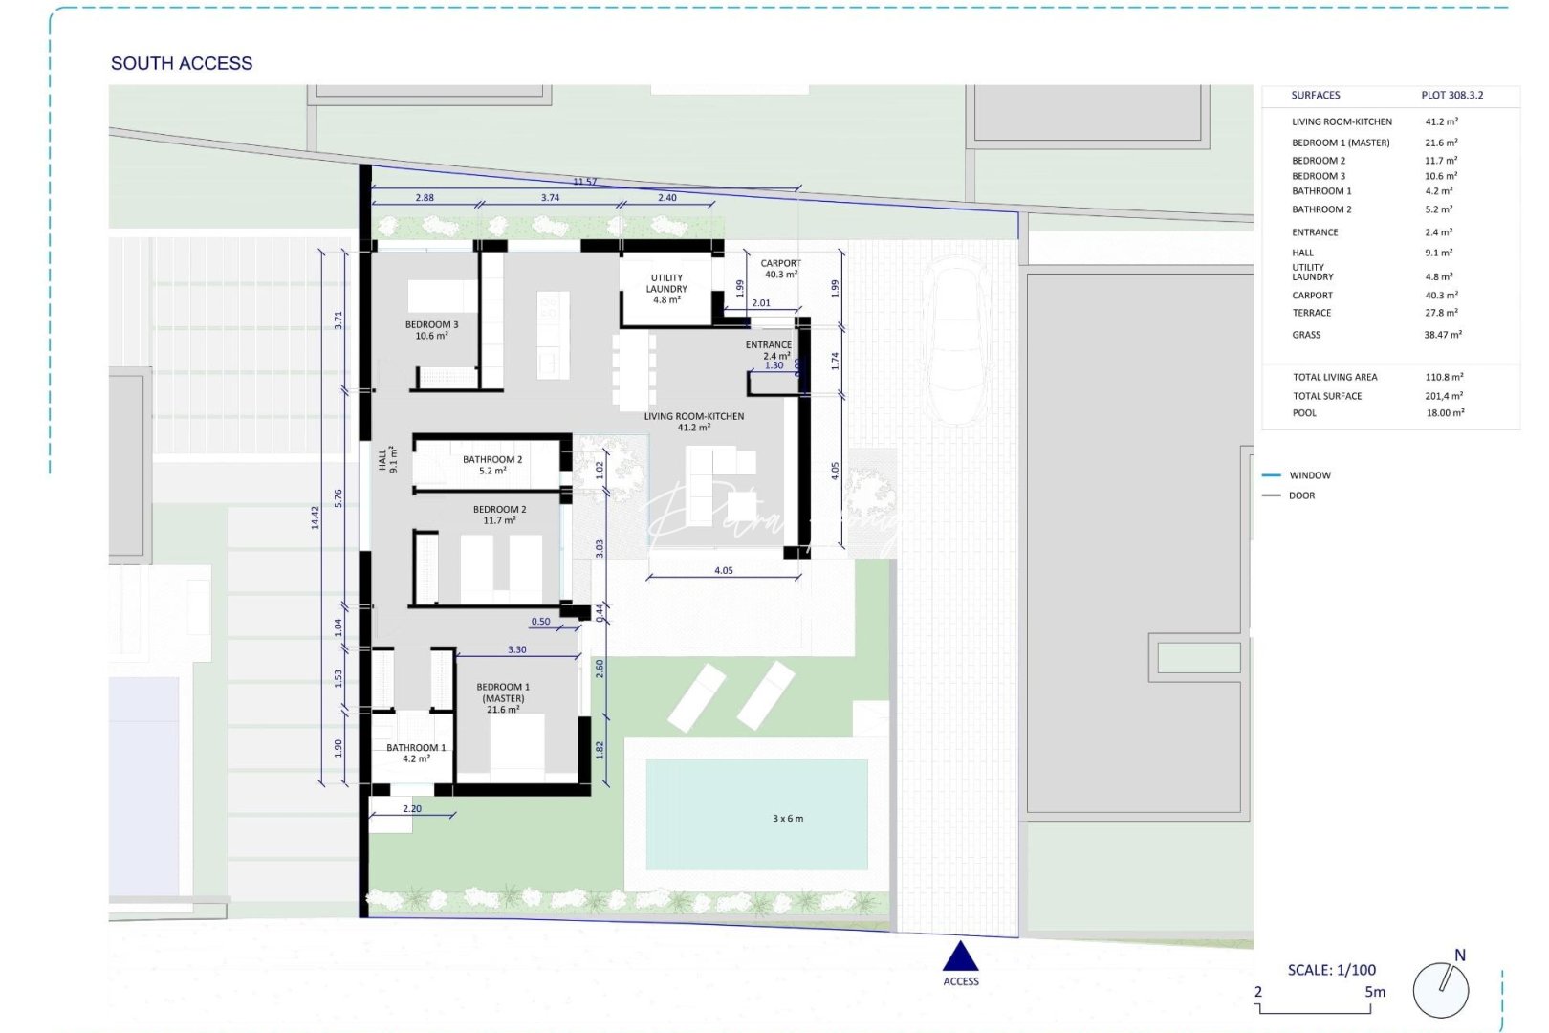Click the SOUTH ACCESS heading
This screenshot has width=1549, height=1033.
click(x=182, y=63)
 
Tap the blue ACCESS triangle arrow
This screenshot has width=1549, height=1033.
click(x=960, y=956)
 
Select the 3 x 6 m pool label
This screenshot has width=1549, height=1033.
click(x=788, y=819)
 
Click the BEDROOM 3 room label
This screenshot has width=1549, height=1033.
click(x=431, y=330)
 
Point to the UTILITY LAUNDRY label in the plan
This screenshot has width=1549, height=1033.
click(x=666, y=288)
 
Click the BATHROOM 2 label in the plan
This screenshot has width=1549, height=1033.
click(x=492, y=465)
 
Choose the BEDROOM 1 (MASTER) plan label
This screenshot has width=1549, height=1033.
click(x=503, y=698)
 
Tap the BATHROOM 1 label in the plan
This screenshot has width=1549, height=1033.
click(x=416, y=753)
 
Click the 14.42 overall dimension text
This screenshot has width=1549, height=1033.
click(x=316, y=517)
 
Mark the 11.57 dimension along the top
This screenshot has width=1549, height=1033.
click(x=584, y=182)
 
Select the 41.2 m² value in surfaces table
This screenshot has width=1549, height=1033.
click(x=1441, y=122)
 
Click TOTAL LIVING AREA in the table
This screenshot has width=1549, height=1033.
click(x=1335, y=377)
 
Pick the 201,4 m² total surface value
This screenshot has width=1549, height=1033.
click(x=1443, y=396)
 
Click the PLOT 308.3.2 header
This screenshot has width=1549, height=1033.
click(x=1451, y=95)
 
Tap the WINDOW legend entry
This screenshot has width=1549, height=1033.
click(x=1309, y=475)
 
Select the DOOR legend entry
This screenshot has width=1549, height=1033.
click(x=1301, y=495)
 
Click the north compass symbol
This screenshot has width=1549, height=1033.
click(x=1441, y=989)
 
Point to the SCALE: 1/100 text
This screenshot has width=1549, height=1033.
click(x=1331, y=970)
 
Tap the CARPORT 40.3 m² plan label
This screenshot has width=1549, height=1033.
click(x=780, y=269)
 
